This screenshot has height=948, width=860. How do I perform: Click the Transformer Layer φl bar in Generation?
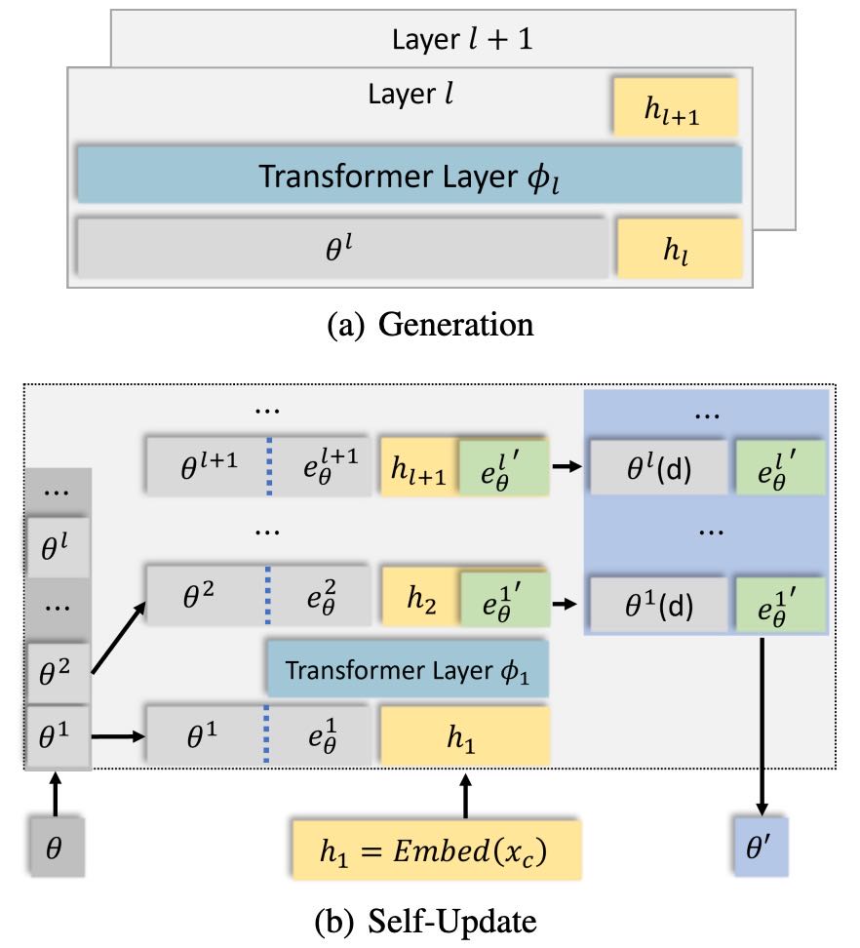point(409,177)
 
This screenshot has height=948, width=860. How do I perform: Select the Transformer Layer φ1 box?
point(409,672)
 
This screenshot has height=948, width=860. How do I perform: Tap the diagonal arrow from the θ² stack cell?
point(119,639)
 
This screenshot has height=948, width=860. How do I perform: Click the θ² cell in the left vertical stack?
point(55,671)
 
